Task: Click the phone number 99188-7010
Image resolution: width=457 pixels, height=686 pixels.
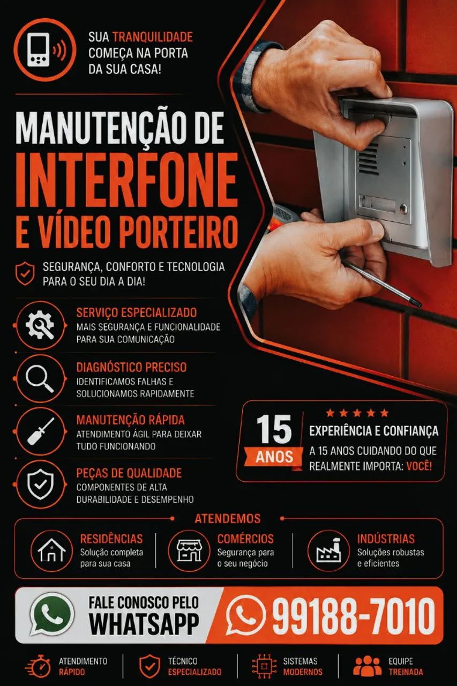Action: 354,616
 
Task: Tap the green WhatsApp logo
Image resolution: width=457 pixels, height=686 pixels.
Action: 52,615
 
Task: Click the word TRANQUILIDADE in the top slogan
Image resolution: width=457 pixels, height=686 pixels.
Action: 153,37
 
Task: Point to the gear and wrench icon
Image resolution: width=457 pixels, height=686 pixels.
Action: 40,325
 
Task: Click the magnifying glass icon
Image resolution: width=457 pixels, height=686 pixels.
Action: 40,378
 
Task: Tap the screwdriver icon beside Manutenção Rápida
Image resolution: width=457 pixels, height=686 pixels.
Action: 40,431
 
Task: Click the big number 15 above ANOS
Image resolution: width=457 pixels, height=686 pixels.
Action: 274,429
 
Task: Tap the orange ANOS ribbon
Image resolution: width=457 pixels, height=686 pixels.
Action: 274,457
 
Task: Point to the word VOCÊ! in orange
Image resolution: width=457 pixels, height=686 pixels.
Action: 419,466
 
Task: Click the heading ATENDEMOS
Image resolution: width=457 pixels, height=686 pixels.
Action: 228,518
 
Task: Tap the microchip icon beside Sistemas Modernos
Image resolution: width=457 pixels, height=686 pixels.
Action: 264,666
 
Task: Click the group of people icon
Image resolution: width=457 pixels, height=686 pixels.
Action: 368,666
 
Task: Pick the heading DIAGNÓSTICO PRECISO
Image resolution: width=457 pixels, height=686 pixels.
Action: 131,367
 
